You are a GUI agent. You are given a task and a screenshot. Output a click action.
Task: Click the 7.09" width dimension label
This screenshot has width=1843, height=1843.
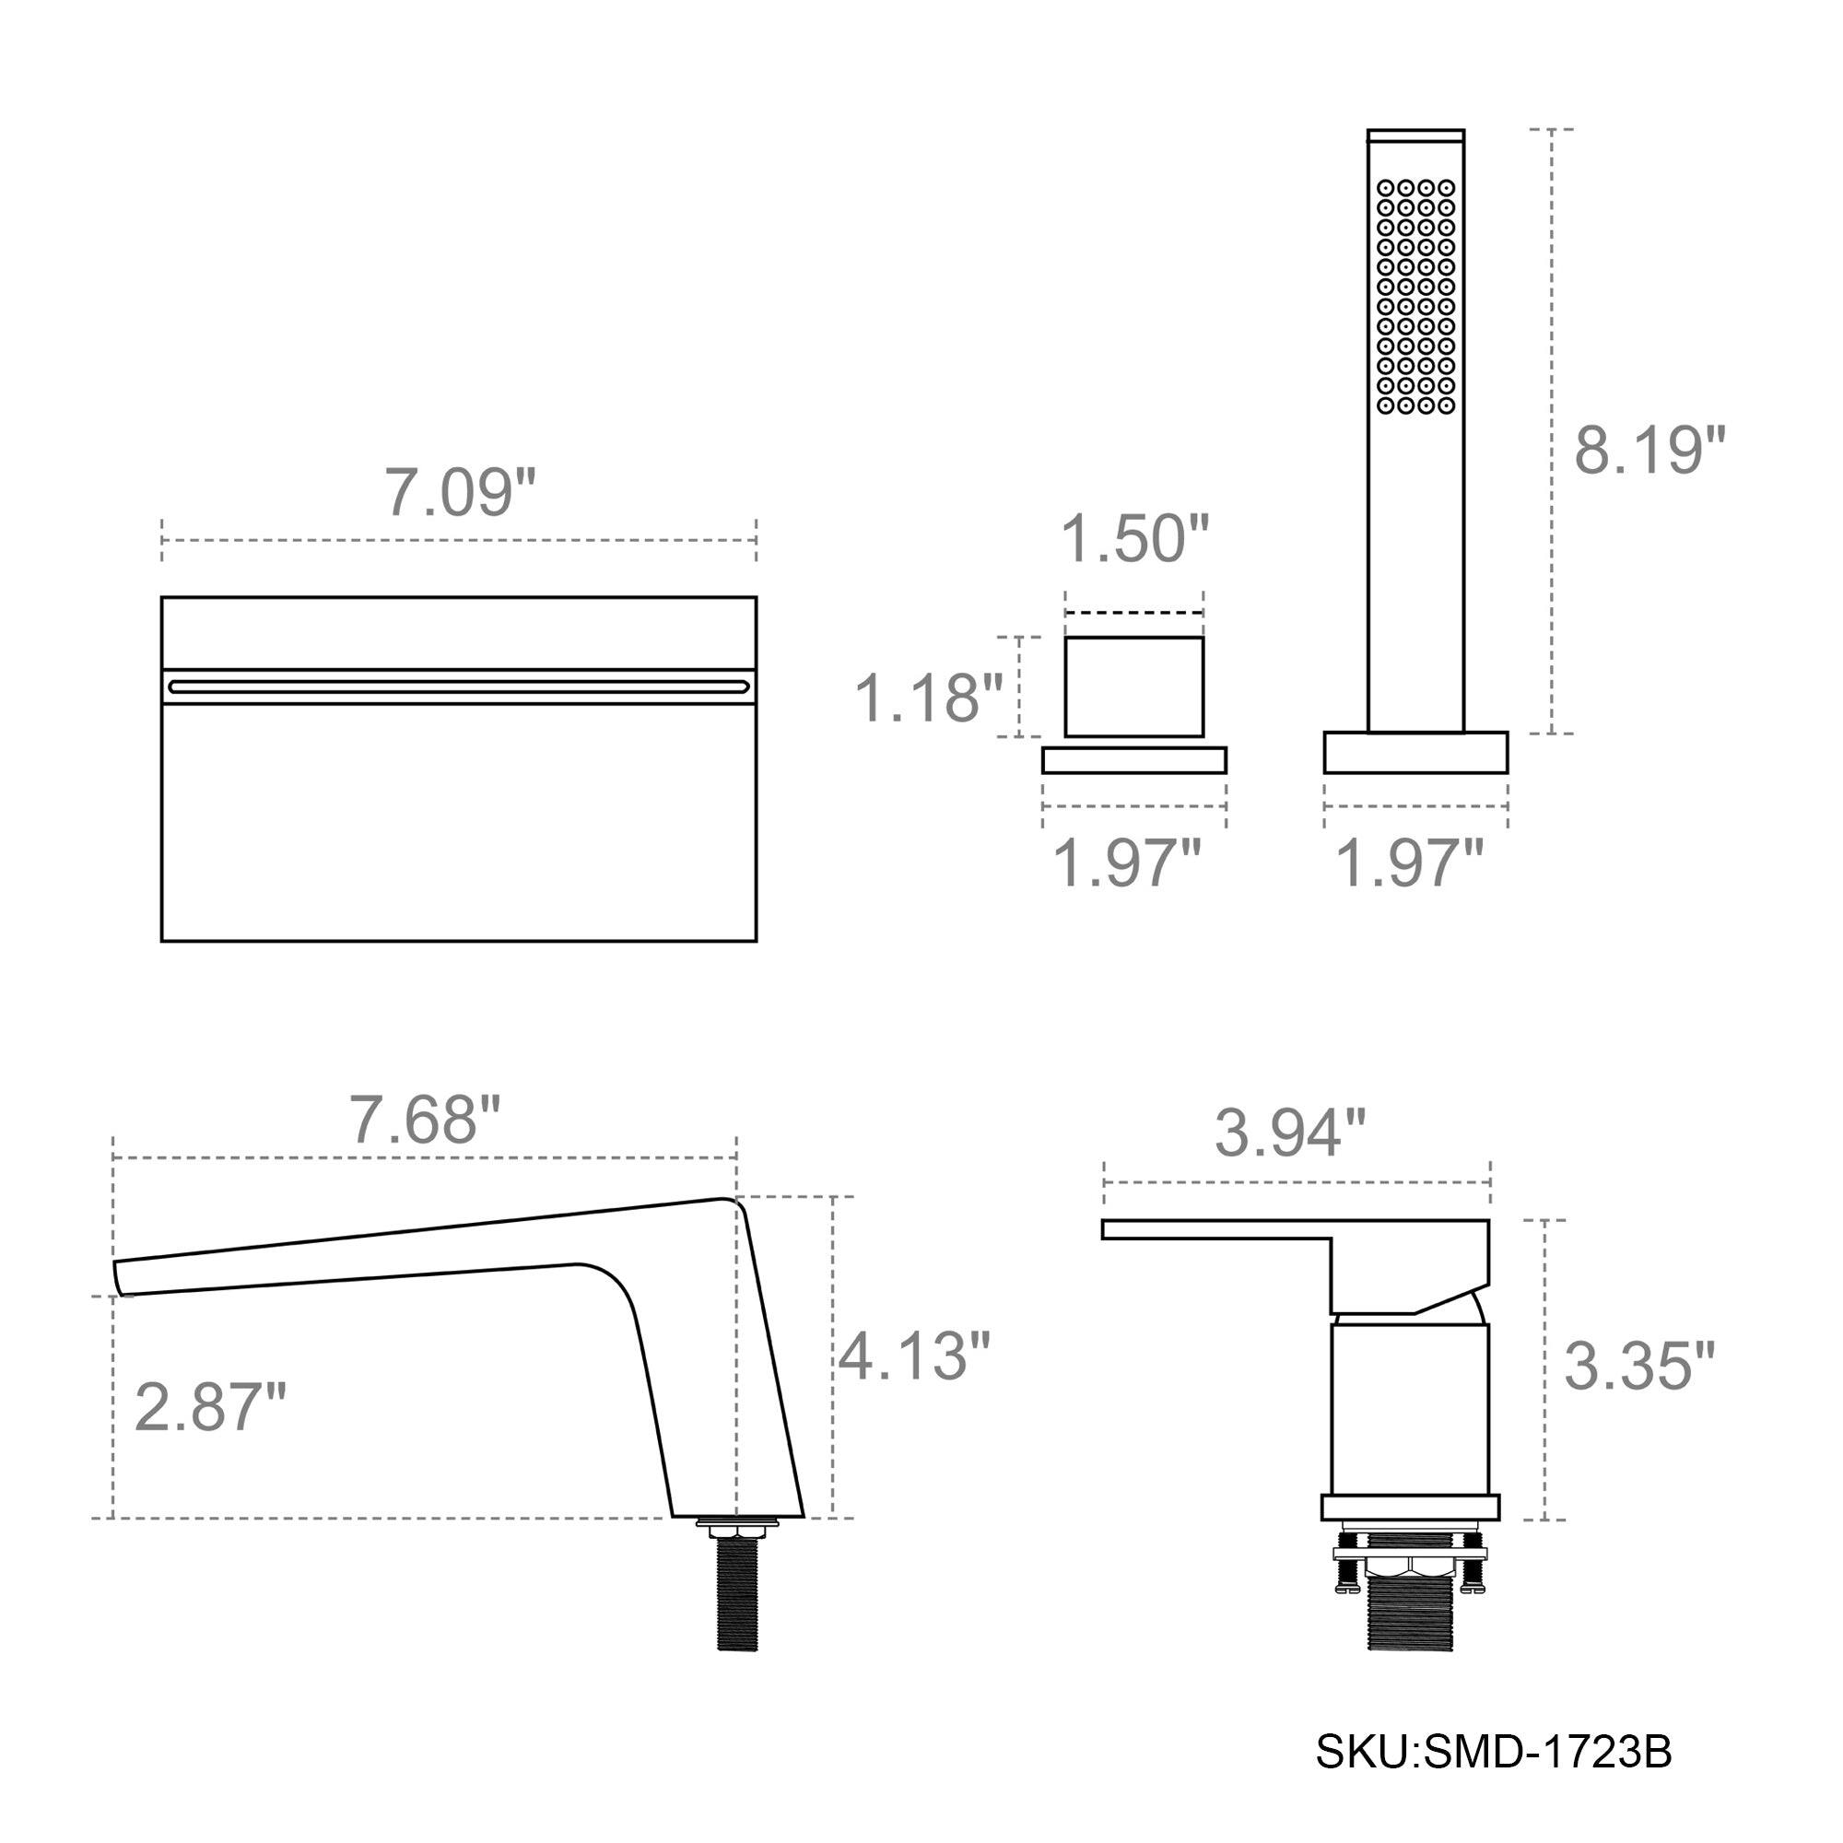(460, 492)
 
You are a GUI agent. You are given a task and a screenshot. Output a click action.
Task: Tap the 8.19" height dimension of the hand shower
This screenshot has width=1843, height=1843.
(1649, 451)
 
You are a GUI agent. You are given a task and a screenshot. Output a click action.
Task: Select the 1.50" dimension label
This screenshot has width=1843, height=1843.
(1134, 539)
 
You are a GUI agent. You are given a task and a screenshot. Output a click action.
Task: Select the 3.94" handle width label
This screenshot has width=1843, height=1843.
(1290, 1133)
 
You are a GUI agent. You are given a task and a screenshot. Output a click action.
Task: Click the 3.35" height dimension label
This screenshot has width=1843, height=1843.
(1638, 1366)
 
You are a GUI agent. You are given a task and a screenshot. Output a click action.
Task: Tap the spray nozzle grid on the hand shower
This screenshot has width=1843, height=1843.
(1415, 297)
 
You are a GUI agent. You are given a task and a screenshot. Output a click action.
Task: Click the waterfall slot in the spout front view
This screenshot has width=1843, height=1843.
(459, 685)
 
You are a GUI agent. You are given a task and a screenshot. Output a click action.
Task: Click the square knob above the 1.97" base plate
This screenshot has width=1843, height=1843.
(1133, 687)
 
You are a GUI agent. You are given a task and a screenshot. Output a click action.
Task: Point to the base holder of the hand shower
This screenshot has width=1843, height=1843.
(1415, 752)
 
